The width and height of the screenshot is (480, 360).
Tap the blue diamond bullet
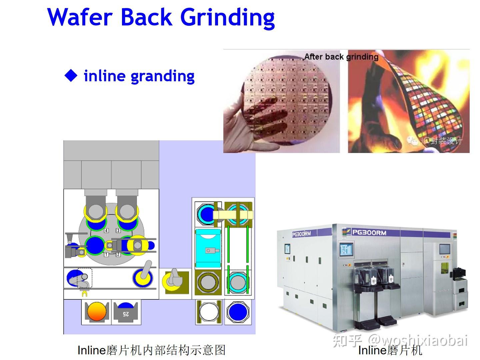(71, 76)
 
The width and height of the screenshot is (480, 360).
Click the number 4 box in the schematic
(106, 231)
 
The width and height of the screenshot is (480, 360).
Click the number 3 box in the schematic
(118, 231)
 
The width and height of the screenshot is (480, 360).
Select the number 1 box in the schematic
(106, 255)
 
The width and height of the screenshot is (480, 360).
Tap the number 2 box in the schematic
(118, 255)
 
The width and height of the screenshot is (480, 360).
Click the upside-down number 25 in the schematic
(126, 313)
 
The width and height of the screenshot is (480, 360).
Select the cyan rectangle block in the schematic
(208, 248)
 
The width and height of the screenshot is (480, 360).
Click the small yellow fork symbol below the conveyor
(84, 294)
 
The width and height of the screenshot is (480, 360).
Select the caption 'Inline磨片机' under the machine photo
(390, 350)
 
